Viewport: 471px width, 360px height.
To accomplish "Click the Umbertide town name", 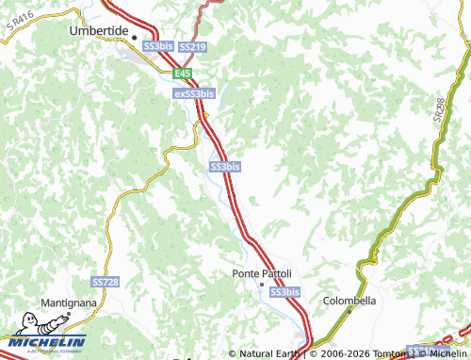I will pyautogui.click(x=98, y=30).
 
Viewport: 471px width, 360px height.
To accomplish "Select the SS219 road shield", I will pyautogui.click(x=191, y=46).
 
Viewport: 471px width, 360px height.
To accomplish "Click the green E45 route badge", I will pyautogui.click(x=183, y=72).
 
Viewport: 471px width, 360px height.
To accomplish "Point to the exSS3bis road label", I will pyautogui.click(x=194, y=94).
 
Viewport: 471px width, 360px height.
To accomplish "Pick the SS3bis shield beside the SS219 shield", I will pyautogui.click(x=157, y=46).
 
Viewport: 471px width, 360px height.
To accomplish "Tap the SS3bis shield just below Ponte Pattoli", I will pyautogui.click(x=284, y=292).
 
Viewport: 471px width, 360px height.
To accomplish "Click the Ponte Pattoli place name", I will pyautogui.click(x=262, y=273).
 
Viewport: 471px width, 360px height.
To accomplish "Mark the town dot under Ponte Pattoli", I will pyautogui.click(x=263, y=284).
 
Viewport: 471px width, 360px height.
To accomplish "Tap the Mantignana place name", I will pyautogui.click(x=69, y=303).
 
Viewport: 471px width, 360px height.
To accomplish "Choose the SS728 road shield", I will pyautogui.click(x=106, y=282).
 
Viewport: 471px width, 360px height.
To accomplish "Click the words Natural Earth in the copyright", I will pyautogui.click(x=269, y=354).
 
